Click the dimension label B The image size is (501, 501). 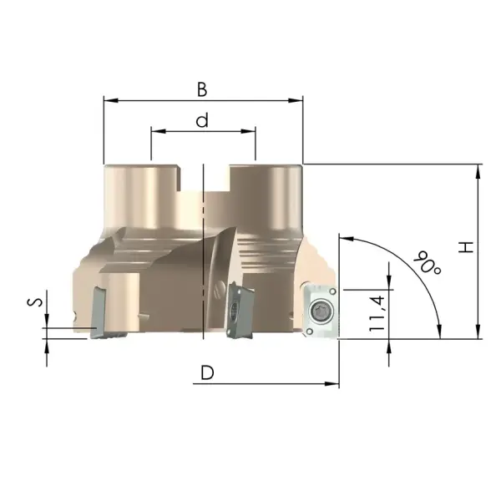[x=202, y=89]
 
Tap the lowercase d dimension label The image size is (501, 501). [x=202, y=119]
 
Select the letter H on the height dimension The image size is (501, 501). [x=466, y=247]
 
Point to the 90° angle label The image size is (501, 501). [x=428, y=263]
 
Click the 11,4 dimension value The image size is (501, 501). [x=377, y=313]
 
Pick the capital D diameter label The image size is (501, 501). [x=207, y=372]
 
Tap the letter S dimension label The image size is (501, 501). [x=35, y=302]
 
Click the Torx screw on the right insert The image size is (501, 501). [x=321, y=311]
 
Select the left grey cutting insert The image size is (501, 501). [x=105, y=313]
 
